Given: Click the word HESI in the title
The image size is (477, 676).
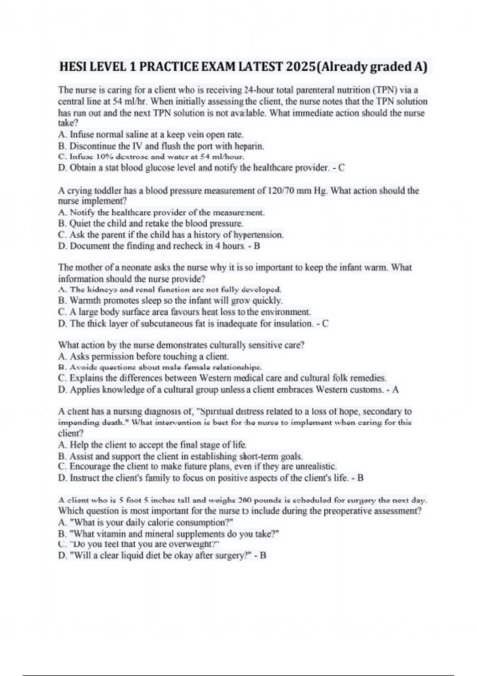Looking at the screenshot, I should click(x=72, y=67).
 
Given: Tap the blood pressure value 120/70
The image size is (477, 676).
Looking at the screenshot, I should click(x=281, y=191).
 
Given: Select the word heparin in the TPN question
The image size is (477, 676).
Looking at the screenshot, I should click(x=248, y=146).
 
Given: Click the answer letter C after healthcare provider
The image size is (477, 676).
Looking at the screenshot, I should click(x=341, y=168).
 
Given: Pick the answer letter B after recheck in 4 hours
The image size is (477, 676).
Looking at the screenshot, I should click(x=257, y=246).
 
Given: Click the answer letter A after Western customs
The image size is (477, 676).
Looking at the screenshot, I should click(x=395, y=390).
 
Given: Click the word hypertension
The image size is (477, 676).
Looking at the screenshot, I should click(x=258, y=235).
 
